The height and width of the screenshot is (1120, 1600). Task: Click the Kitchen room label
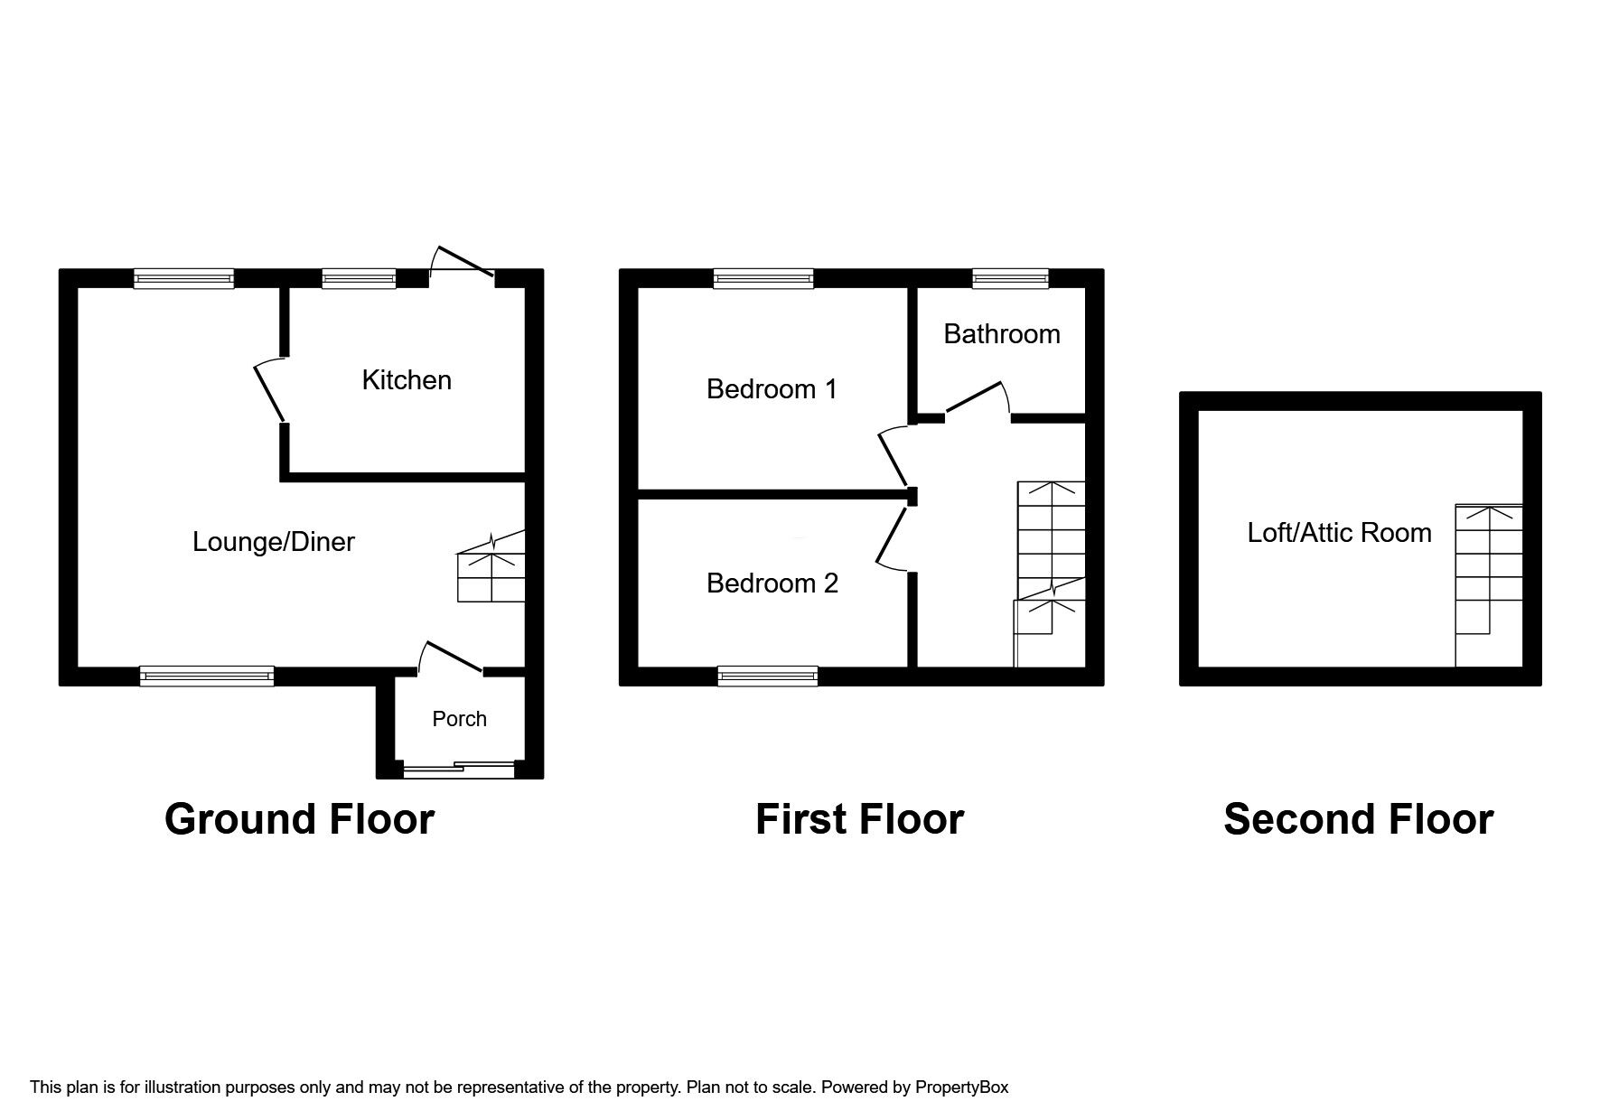click(407, 380)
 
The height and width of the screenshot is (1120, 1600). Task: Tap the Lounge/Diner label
click(274, 542)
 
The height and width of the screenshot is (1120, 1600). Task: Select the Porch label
click(459, 719)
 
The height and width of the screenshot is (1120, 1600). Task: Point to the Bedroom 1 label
click(772, 389)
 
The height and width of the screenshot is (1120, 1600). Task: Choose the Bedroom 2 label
click(772, 583)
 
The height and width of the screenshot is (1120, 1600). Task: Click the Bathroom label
click(1002, 334)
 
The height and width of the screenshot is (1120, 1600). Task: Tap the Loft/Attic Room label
click(1339, 533)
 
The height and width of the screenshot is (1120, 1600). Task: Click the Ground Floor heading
click(299, 819)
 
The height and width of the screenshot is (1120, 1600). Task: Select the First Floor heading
click(859, 819)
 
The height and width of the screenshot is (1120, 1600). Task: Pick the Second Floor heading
click(1358, 819)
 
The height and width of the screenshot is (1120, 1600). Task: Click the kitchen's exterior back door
click(463, 260)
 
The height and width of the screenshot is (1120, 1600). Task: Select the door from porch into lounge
click(451, 658)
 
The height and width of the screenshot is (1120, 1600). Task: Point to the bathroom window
click(1010, 278)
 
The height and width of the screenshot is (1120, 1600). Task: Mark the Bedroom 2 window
click(768, 677)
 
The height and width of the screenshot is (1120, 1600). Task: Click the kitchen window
click(359, 278)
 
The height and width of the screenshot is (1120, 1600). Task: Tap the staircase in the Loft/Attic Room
click(1488, 585)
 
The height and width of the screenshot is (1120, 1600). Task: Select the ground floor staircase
click(491, 565)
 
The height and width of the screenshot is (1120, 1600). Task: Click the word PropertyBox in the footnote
click(961, 1087)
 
